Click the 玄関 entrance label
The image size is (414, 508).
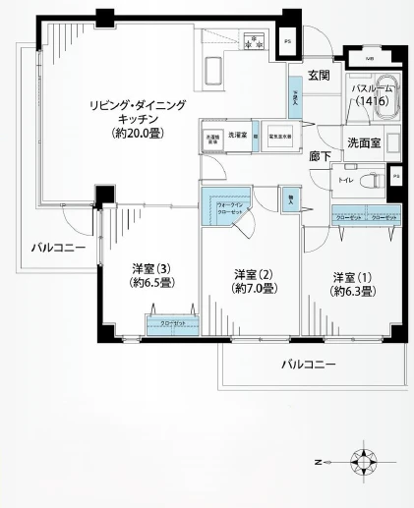point(318,75)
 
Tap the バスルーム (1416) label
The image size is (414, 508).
point(372,95)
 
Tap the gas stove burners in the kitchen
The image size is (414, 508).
point(256,42)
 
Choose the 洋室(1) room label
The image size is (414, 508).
point(350,283)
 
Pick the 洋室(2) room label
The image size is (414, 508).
point(253,281)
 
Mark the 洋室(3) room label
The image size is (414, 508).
point(153,275)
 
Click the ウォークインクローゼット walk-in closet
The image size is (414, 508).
point(227,207)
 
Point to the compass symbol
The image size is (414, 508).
point(365,460)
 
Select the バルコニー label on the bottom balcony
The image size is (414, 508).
point(309,364)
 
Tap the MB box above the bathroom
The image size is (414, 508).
point(369,59)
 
